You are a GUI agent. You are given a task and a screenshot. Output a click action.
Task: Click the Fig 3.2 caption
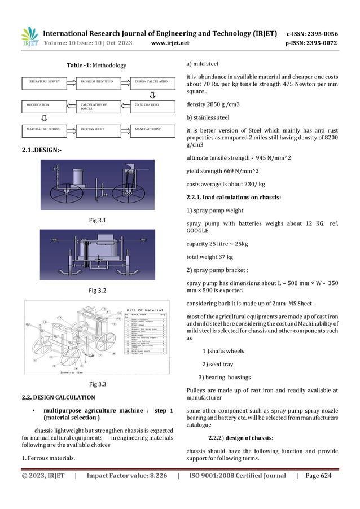98,291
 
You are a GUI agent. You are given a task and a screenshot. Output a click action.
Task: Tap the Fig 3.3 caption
98,384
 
